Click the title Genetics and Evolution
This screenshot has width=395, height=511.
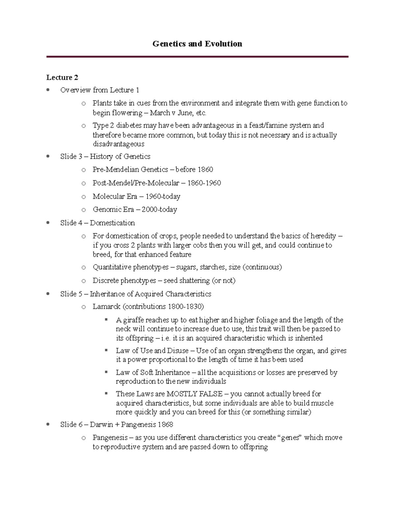[197, 44]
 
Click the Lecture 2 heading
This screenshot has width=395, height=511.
[62, 78]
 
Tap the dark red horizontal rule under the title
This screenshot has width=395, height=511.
[197, 57]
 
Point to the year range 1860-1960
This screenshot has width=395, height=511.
[204, 183]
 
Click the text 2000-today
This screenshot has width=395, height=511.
[159, 210]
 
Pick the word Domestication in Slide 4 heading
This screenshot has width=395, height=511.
[112, 223]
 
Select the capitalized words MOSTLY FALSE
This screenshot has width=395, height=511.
[195, 394]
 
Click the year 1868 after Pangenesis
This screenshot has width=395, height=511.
[165, 425]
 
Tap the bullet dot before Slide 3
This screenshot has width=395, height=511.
[48, 156]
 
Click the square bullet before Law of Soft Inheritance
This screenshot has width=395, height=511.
[106, 372]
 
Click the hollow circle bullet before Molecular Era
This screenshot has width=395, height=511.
[84, 197]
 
